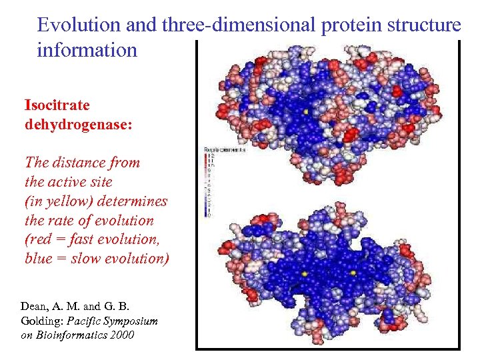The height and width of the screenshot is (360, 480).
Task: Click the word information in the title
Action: coord(87,50)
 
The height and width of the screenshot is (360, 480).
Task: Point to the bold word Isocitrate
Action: coord(57,105)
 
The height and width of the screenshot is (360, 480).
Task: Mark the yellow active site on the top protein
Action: coord(305,112)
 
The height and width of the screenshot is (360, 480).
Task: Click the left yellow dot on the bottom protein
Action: coord(305,274)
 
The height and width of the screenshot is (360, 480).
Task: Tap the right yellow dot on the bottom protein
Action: coord(353,273)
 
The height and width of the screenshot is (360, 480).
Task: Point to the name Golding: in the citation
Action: coord(45,321)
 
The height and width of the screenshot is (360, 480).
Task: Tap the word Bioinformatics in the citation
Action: coord(71,335)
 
